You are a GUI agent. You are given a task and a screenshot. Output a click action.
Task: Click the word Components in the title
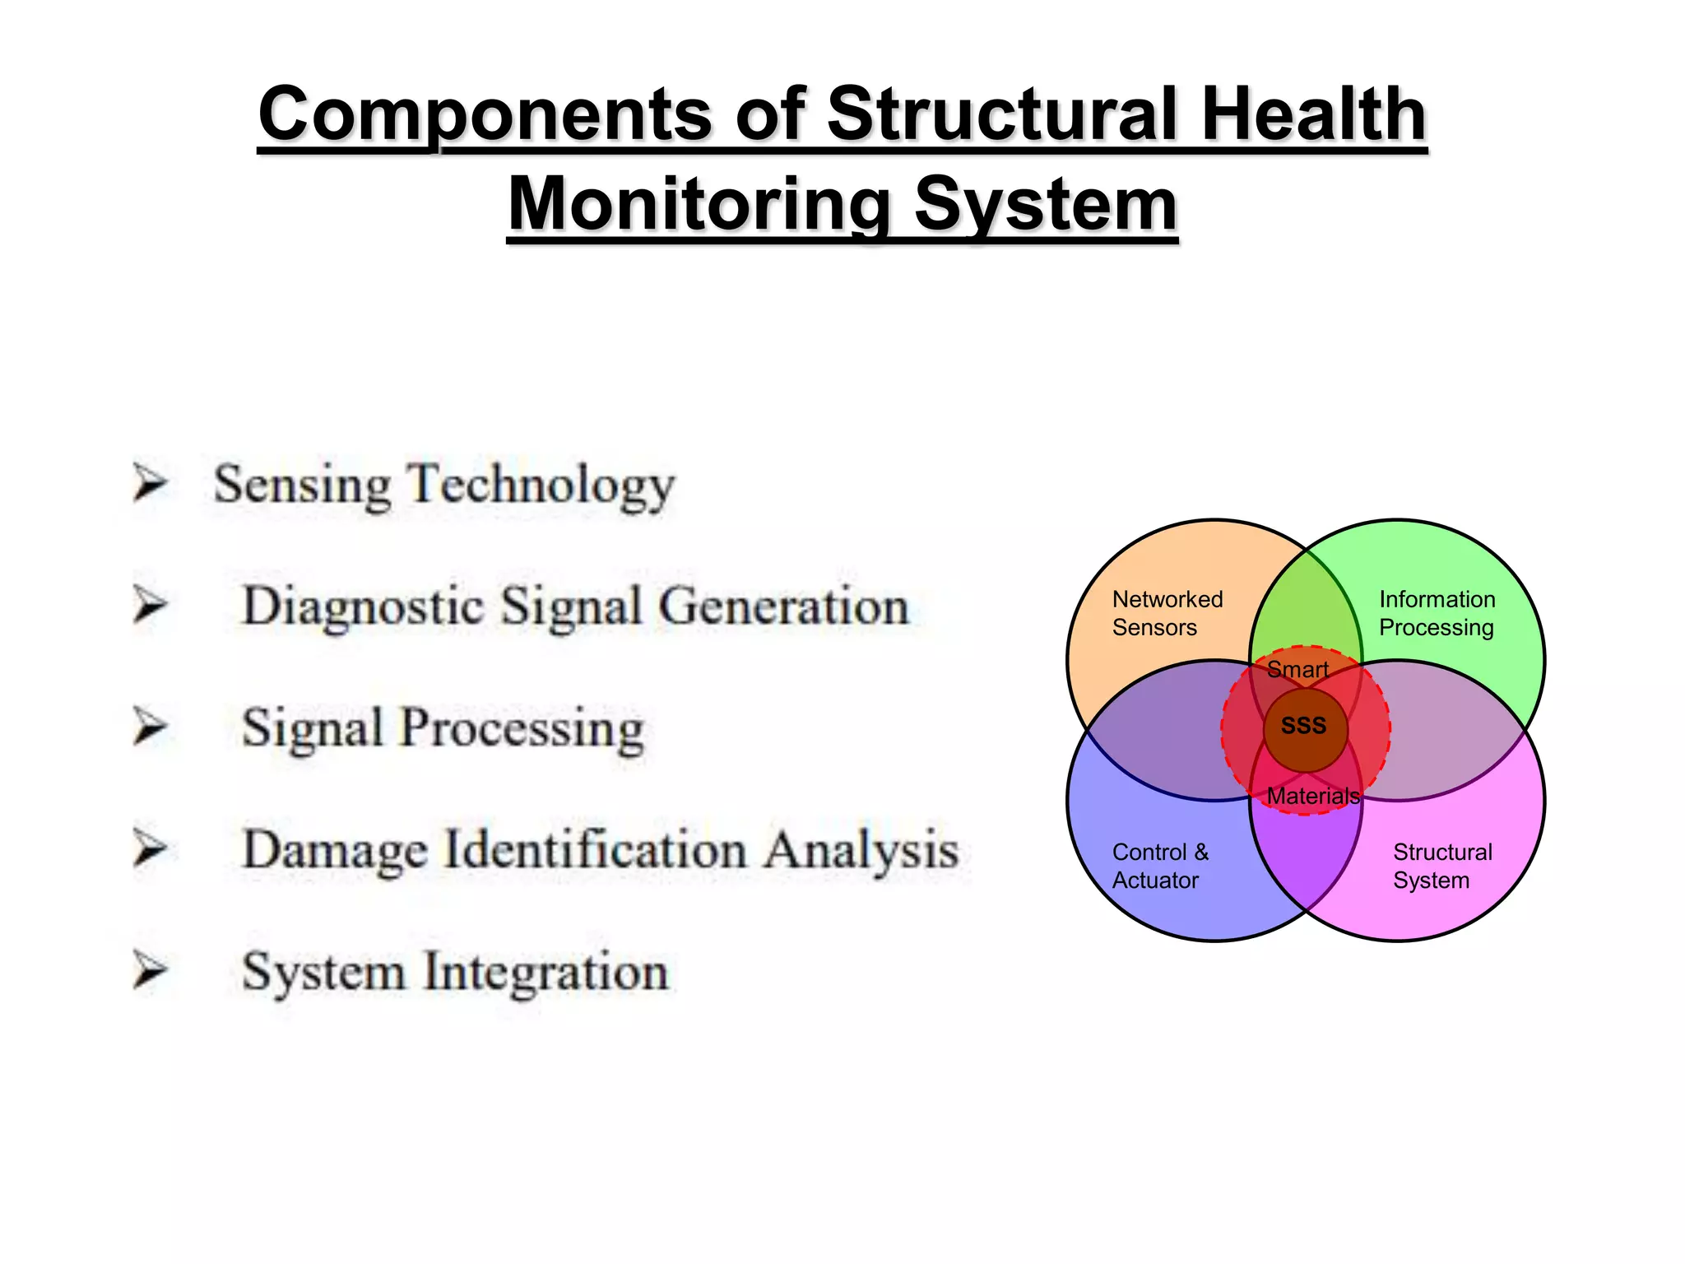click(485, 115)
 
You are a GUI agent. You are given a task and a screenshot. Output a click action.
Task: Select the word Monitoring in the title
click(699, 206)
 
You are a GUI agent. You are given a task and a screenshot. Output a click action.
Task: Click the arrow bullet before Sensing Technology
click(151, 483)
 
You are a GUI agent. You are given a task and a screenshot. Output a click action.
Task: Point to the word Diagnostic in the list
click(362, 607)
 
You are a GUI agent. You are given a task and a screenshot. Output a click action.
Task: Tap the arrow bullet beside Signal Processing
click(151, 727)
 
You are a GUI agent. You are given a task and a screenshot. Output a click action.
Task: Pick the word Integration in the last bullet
click(545, 972)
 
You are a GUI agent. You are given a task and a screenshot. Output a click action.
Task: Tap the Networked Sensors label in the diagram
click(1167, 613)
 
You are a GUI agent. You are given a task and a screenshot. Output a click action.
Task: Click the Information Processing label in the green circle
click(1437, 613)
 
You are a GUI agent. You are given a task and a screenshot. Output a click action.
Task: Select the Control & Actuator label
click(1160, 866)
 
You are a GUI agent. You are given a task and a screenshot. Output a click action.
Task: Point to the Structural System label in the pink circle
click(1441, 866)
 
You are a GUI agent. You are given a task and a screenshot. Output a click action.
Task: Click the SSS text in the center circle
click(1304, 726)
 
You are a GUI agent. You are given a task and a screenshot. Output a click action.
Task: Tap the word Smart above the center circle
click(1297, 670)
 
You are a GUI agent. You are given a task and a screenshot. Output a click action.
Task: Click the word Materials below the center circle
click(1312, 796)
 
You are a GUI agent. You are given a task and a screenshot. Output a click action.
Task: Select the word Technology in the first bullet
click(542, 485)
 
